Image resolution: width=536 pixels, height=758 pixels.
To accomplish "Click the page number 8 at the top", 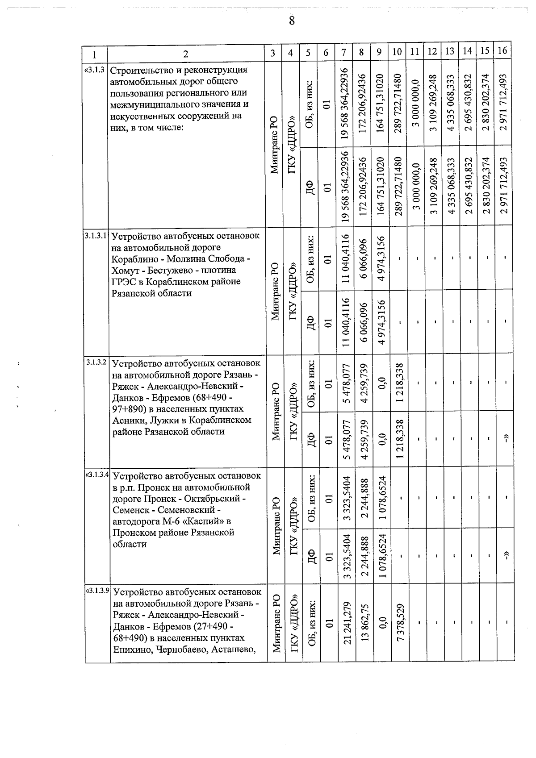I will [292, 21].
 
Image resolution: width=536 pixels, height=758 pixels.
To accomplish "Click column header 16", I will [502, 50].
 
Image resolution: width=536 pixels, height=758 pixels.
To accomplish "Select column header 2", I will [185, 54].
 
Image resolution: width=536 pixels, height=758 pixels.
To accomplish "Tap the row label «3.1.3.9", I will [97, 590].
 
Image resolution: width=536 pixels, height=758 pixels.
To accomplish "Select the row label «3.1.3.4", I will [97, 474].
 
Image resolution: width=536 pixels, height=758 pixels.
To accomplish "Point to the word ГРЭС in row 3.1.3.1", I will [123, 282].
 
